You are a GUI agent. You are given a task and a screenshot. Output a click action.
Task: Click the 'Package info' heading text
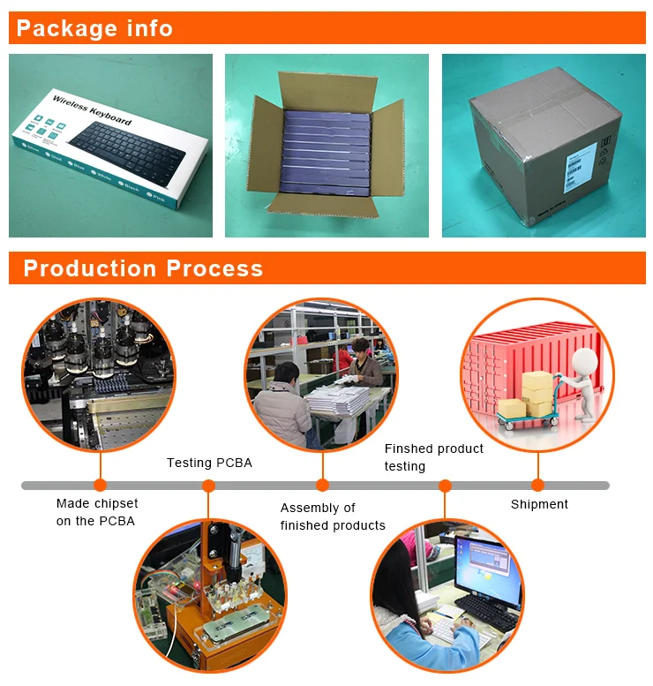(94, 28)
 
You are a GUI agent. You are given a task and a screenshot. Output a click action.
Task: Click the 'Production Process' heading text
(143, 268)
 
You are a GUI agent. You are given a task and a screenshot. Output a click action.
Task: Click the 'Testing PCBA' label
(209, 463)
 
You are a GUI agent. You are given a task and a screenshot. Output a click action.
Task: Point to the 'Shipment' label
(539, 504)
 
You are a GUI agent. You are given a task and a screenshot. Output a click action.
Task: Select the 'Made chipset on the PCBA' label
(96, 512)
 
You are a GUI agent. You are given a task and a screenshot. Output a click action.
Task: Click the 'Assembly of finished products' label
(333, 516)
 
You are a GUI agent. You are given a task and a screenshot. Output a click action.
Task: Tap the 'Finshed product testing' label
(433, 457)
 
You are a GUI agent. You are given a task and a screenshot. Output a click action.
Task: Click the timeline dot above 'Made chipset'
(100, 485)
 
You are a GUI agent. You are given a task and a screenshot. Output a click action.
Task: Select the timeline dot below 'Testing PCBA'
(208, 485)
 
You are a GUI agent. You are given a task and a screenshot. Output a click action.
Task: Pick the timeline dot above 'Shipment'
(537, 485)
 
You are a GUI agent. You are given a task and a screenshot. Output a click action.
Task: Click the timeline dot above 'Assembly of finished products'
(322, 485)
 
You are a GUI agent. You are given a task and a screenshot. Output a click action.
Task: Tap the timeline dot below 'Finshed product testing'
(445, 485)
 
